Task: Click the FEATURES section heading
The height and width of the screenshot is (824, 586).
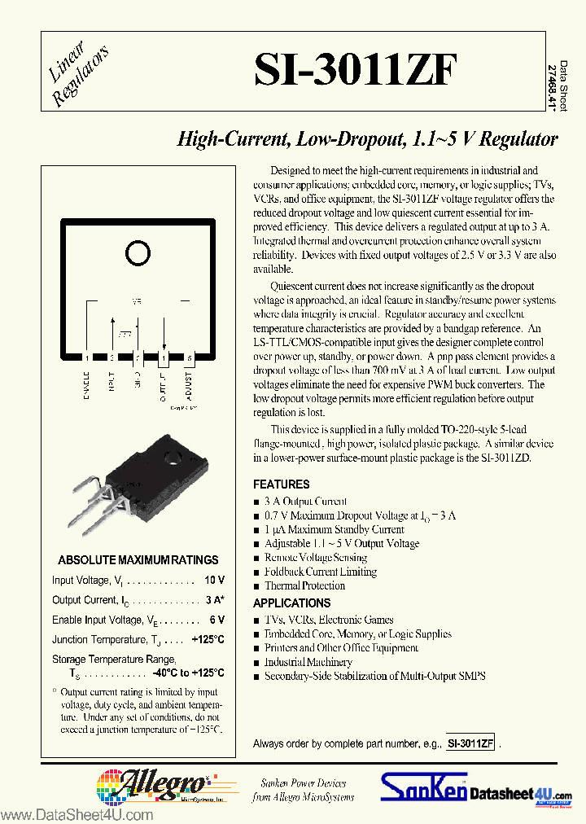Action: point(281,484)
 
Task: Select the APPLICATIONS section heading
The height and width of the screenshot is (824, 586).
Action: point(291,603)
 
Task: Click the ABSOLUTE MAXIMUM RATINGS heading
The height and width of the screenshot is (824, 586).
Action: point(138,560)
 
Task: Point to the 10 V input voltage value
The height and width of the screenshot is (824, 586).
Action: point(215,580)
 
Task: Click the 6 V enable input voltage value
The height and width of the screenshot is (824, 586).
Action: point(216,620)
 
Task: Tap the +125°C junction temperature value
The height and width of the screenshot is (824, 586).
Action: point(208,640)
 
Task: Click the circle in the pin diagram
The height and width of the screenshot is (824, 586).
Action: point(138,254)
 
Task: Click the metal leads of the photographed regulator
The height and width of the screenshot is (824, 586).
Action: point(94,509)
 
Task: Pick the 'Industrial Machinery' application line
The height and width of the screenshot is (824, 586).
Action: point(296,662)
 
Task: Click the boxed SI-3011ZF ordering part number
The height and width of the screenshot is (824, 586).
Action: point(470,743)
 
